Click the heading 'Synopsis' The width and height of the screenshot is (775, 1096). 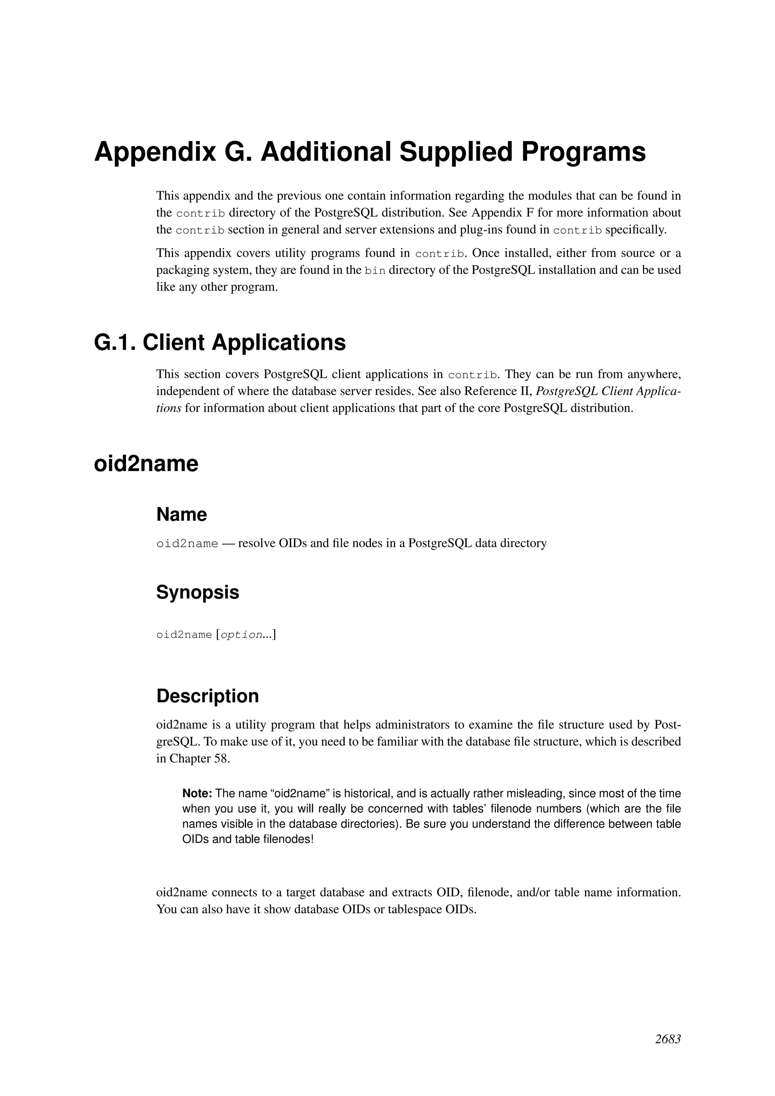198,592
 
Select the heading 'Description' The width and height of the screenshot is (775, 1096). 208,696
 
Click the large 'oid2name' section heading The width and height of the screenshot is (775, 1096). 146,464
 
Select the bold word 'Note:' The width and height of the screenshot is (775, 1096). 197,793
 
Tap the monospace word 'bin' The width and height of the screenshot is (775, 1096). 375,271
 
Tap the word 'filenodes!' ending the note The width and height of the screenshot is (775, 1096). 288,839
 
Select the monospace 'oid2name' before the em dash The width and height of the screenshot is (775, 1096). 187,544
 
